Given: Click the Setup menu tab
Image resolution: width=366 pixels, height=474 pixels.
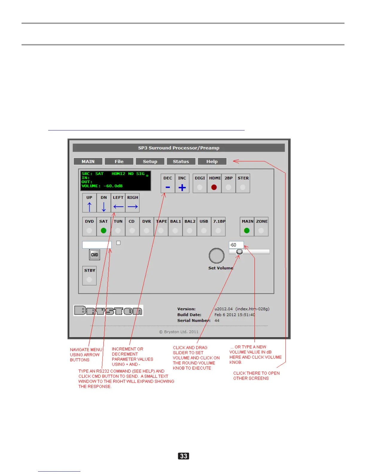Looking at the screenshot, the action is [150, 162].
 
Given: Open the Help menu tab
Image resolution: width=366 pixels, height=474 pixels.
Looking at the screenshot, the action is [212, 162].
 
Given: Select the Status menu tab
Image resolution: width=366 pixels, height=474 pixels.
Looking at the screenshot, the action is [181, 162].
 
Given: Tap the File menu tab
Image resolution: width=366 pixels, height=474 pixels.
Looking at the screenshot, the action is [119, 162].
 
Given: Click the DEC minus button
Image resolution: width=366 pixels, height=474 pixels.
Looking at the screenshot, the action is [168, 183].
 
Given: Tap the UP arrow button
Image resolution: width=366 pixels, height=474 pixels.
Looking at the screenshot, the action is [89, 203].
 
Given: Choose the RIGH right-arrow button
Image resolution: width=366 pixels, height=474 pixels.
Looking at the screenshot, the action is [132, 203].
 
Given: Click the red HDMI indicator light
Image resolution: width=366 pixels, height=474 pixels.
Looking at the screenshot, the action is [214, 187].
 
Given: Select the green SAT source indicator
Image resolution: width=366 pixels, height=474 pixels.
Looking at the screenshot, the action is [103, 231].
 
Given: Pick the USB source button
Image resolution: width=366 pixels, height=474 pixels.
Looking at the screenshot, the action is [204, 227].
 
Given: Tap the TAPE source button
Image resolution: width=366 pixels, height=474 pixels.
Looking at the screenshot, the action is [161, 227].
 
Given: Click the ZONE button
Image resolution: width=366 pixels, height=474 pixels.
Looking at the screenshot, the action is [261, 227].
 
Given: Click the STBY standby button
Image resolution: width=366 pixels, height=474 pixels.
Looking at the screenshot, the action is [89, 276].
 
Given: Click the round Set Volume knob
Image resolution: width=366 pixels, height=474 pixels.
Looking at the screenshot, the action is [216, 256].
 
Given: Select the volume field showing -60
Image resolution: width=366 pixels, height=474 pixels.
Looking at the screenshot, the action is [236, 245].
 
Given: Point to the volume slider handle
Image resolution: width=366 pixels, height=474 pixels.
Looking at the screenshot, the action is [239, 252].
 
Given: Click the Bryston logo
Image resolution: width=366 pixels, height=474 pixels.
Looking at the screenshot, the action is [108, 311].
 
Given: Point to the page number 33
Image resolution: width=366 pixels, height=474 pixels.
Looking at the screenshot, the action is [183, 456].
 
